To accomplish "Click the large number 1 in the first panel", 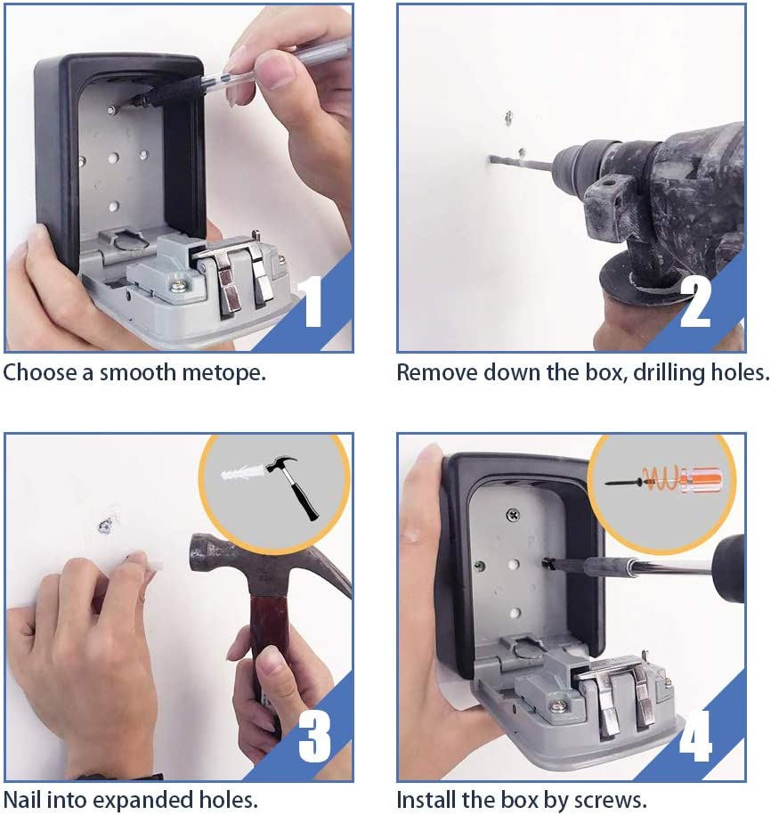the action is (313, 303).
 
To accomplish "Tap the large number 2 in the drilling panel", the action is (695, 303).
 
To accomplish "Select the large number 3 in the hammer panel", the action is (315, 736).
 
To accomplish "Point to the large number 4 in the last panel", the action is (695, 736).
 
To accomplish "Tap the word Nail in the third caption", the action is (22, 799).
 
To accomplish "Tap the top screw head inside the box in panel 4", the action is (512, 515).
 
